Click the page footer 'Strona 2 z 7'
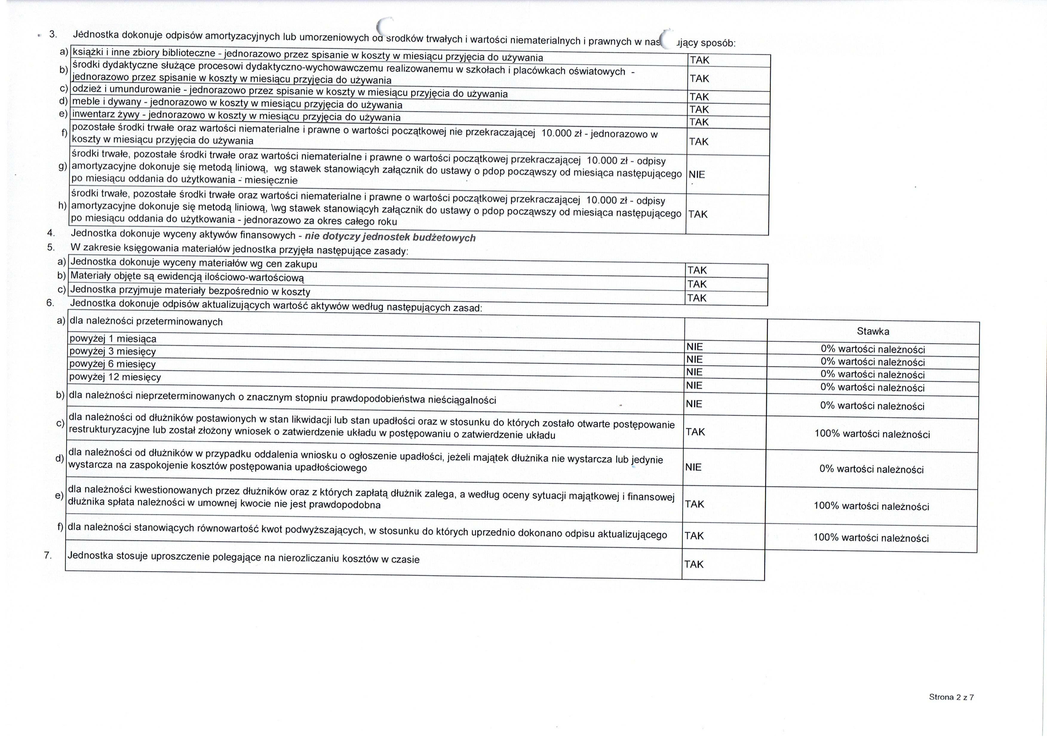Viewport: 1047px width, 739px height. click(951, 697)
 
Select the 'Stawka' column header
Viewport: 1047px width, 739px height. click(873, 331)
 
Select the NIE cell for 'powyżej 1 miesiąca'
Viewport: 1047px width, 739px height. click(695, 347)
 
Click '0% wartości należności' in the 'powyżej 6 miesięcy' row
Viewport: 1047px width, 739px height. click(873, 375)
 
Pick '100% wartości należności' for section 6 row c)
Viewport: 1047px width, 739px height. click(872, 434)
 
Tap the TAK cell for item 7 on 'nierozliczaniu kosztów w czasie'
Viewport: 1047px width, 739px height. click(694, 564)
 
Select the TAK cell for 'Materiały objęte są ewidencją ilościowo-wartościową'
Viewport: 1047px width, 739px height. click(697, 284)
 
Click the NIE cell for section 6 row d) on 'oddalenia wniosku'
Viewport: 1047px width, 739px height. click(693, 467)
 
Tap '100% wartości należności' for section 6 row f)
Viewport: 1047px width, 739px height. click(871, 538)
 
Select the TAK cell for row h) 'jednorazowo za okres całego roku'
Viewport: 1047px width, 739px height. click(697, 214)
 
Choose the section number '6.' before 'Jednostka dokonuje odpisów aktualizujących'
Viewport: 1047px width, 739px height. click(50, 303)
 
